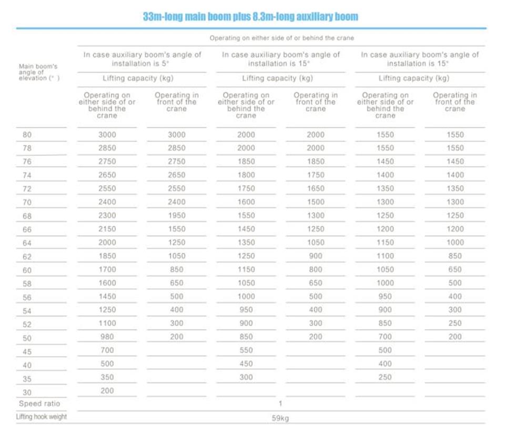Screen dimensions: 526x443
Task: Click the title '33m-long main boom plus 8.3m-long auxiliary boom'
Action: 250,16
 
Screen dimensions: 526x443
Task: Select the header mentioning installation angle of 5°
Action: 142,59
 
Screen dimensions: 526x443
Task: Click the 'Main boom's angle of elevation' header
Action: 39,72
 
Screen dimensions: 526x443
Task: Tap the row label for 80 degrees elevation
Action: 27,135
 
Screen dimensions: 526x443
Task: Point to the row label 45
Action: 27,351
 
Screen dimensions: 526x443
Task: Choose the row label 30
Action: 27,392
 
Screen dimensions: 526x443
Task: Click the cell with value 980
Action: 107,337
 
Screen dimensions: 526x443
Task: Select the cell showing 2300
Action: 107,215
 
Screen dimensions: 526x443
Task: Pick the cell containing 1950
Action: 177,215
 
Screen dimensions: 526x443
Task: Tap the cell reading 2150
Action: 107,229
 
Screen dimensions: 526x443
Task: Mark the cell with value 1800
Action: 246,175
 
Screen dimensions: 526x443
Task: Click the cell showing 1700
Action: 107,269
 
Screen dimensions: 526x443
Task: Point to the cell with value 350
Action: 107,377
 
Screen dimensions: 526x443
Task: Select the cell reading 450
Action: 246,364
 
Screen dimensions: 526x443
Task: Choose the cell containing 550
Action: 246,350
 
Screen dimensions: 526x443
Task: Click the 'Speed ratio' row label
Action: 39,404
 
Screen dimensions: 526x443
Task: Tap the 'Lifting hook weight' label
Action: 42,417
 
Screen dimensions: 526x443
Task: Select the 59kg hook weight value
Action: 280,418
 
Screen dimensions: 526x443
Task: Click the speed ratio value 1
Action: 280,404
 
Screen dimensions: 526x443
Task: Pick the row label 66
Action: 27,229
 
